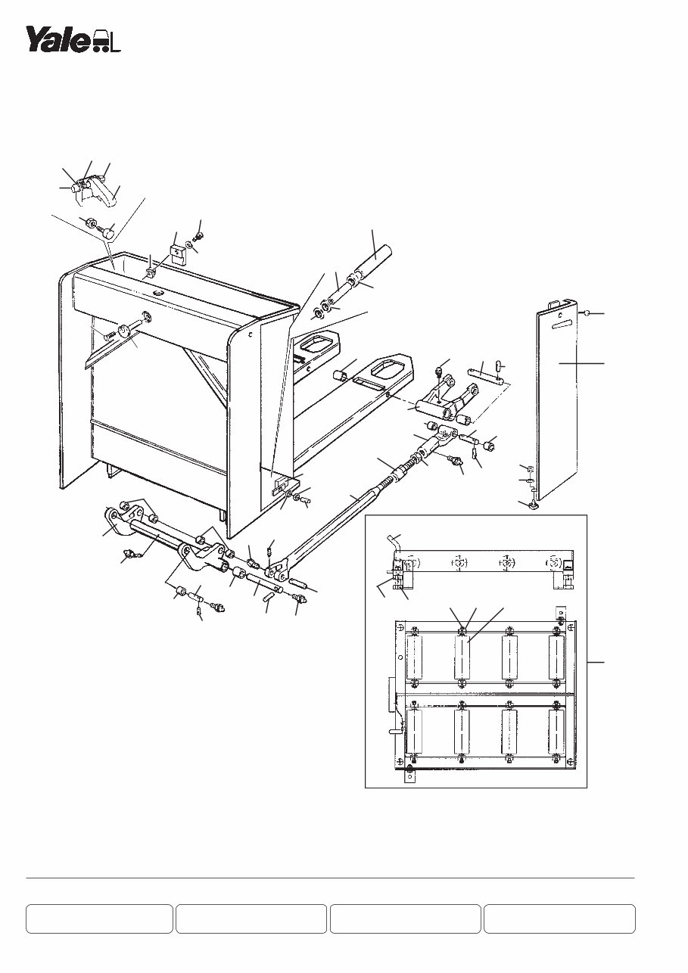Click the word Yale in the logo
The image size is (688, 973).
[58, 39]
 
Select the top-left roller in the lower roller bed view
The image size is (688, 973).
[416, 657]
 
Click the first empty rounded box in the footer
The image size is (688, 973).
[100, 919]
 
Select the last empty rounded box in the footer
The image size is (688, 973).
[559, 919]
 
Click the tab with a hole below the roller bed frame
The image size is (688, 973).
[409, 776]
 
